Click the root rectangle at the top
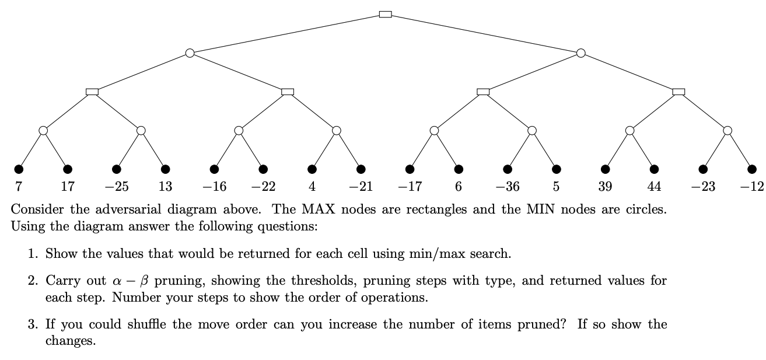[x=385, y=14]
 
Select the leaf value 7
[x=19, y=187]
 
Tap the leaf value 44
[x=654, y=187]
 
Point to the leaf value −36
[x=507, y=187]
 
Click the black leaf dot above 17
[x=68, y=169]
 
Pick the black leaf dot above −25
[x=117, y=169]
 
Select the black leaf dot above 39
[x=606, y=169]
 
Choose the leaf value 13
[x=166, y=187]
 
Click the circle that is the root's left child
[x=190, y=53]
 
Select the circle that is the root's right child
[x=580, y=53]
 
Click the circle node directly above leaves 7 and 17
[x=43, y=130]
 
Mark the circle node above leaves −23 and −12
[x=727, y=130]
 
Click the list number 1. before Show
[x=33, y=254]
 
